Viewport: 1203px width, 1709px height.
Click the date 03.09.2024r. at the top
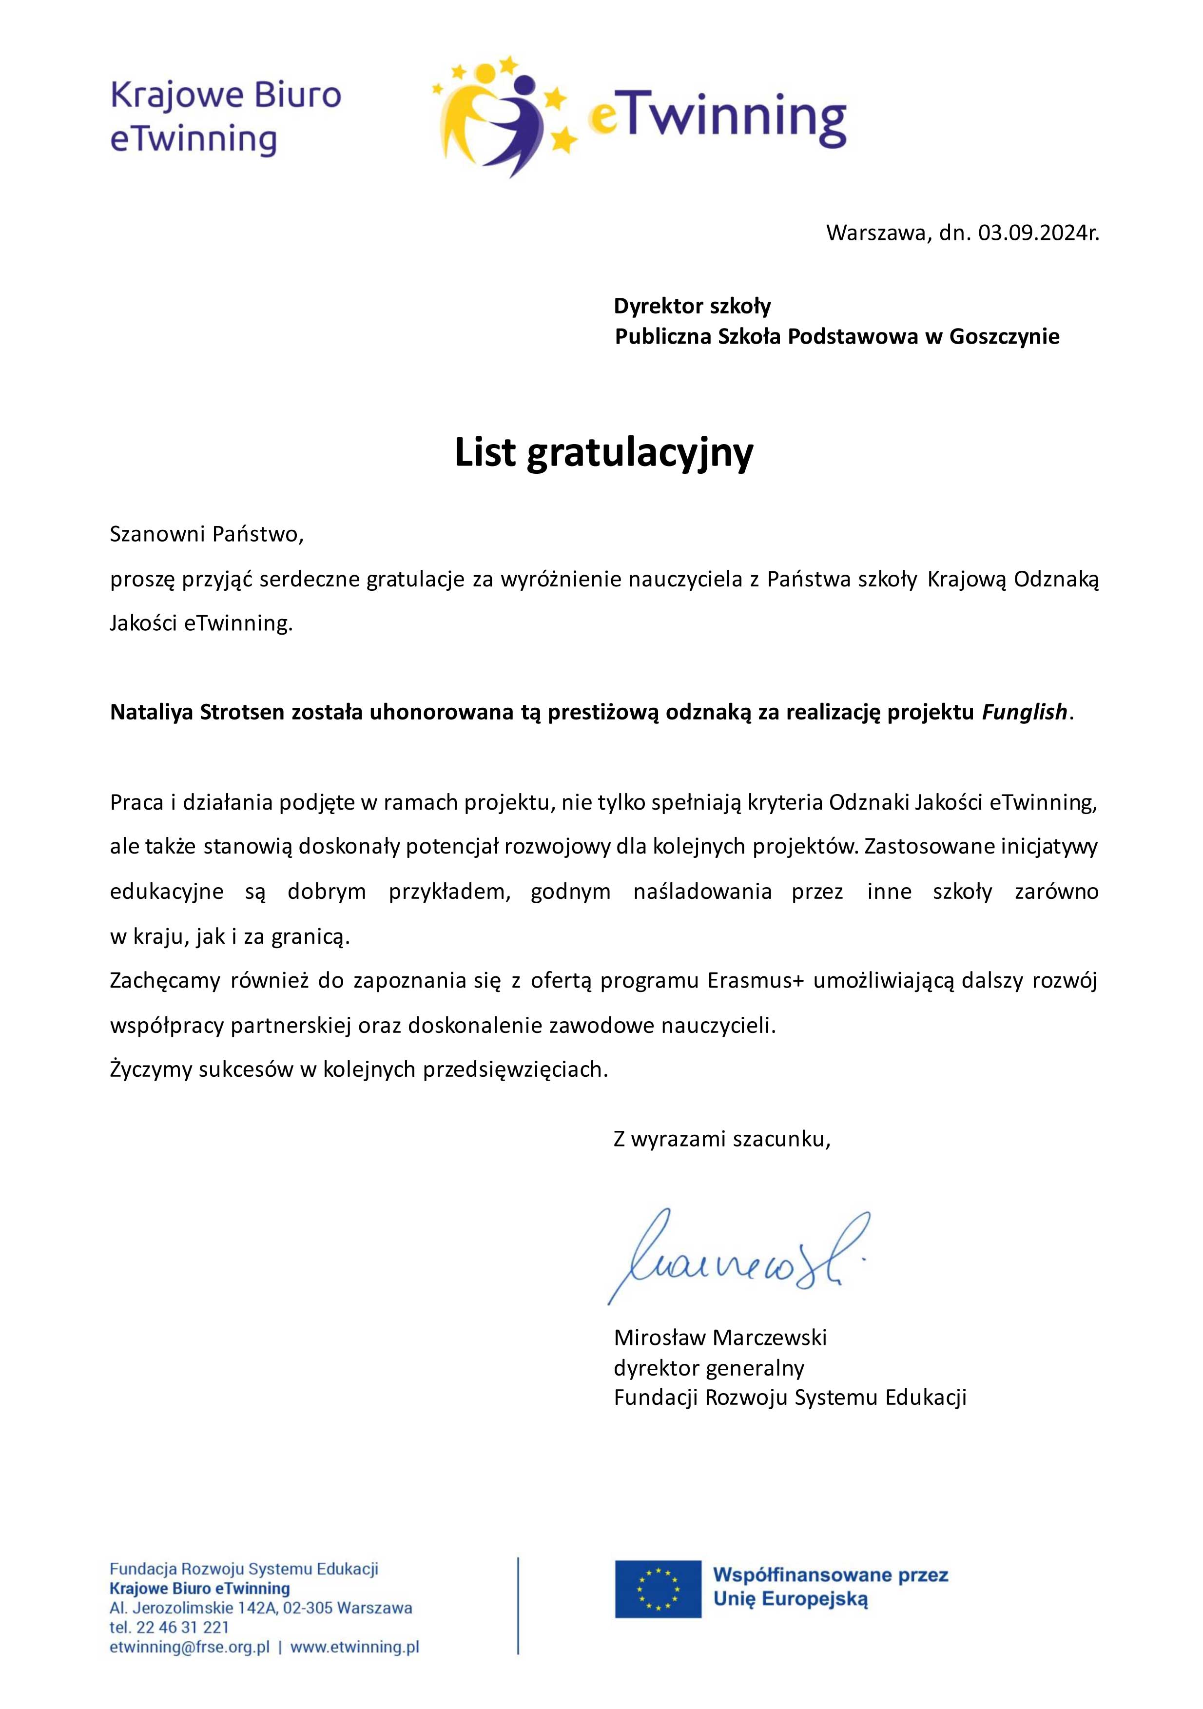(1038, 233)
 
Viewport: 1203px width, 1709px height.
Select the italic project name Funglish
(1024, 712)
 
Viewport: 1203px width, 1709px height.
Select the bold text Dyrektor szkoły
(692, 306)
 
